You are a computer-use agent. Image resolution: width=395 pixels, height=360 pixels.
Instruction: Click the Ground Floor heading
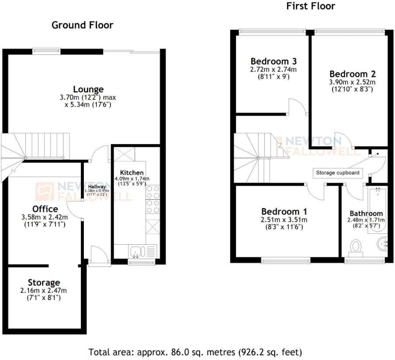(x=82, y=25)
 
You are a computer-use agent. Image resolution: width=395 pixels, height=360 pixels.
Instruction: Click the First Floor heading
(x=310, y=6)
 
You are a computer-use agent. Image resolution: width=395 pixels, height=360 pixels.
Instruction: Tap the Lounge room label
(x=88, y=90)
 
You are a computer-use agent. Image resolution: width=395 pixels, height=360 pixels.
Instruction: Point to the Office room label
(x=45, y=209)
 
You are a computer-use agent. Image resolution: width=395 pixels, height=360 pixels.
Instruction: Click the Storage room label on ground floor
(x=44, y=283)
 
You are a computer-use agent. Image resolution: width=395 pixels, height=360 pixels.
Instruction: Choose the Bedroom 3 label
(x=270, y=61)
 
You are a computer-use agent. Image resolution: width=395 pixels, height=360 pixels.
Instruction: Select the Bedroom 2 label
(x=352, y=74)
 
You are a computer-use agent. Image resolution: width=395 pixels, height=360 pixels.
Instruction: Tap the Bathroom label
(x=366, y=213)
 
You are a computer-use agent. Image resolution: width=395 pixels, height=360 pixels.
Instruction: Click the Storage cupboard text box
(x=338, y=173)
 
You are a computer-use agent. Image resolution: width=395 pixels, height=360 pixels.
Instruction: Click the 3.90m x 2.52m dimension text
(x=352, y=82)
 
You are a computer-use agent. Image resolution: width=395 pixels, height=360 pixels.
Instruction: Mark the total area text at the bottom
(x=195, y=352)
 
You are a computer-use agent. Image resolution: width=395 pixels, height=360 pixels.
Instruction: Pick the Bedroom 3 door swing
(x=297, y=106)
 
